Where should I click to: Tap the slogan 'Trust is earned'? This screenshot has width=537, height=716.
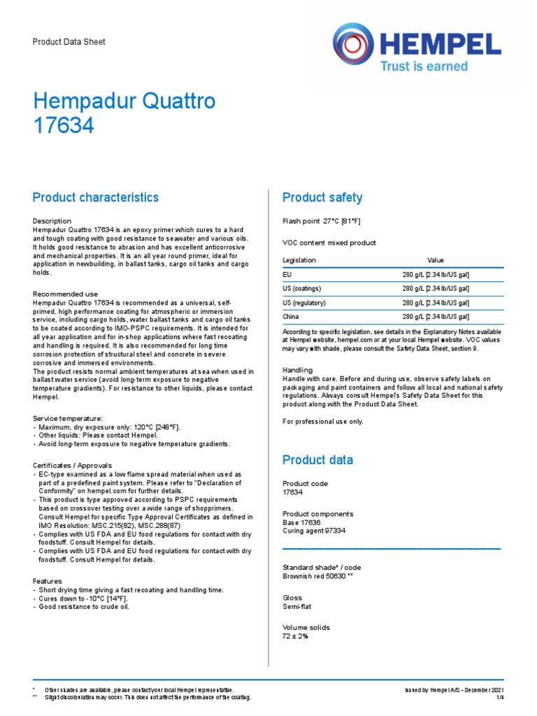coord(423,66)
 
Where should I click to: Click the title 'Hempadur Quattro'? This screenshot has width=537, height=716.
coord(124,101)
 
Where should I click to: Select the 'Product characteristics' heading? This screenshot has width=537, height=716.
coord(96,198)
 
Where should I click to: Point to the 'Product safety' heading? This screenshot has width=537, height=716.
coord(322,198)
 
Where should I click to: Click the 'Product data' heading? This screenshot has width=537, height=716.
coord(317,460)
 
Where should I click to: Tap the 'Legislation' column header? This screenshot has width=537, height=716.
coord(299,260)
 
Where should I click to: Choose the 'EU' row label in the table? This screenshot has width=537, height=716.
coord(287,275)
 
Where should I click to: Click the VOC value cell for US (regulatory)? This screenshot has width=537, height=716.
coord(435,303)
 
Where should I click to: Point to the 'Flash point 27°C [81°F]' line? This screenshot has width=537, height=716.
coord(321,222)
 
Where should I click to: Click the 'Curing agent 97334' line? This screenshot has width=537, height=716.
coord(314,531)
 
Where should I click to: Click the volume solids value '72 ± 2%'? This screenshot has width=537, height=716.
coord(295,636)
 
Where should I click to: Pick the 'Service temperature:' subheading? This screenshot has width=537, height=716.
coord(68,417)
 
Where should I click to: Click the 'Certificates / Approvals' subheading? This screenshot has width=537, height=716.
coord(73,465)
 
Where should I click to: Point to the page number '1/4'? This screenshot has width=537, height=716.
coord(499,697)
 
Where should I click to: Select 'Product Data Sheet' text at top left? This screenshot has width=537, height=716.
coord(69,42)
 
